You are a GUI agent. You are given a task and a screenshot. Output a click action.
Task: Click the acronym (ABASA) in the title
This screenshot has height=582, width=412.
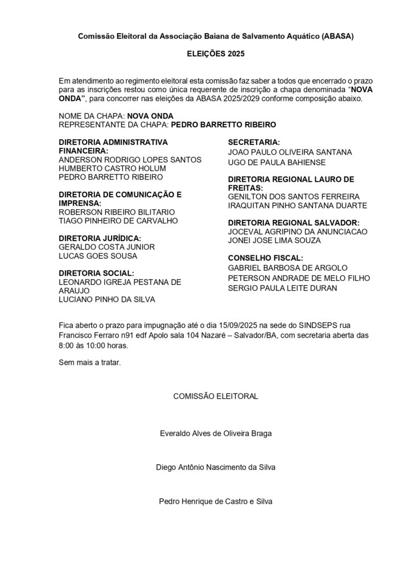tap(338, 36)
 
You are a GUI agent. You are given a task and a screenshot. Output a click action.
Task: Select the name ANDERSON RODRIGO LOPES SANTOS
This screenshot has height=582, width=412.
tap(130, 160)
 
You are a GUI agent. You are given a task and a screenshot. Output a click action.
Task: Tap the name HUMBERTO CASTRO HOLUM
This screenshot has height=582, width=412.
tap(112, 168)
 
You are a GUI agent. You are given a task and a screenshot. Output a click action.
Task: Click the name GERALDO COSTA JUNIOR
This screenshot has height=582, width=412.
tap(106, 247)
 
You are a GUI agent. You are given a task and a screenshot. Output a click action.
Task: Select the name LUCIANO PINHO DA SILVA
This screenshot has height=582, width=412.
tap(107, 299)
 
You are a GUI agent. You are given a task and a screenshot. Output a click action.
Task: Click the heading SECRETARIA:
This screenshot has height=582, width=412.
tap(254, 142)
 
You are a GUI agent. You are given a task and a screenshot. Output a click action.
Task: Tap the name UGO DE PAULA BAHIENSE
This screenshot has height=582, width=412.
tap(277, 163)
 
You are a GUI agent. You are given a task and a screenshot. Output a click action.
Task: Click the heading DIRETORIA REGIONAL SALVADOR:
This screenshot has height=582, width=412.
tap(294, 223)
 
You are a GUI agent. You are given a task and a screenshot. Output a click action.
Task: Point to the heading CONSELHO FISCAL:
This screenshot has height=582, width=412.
tap(266, 257)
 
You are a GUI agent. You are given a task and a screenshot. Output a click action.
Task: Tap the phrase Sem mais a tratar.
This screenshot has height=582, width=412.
tap(90, 362)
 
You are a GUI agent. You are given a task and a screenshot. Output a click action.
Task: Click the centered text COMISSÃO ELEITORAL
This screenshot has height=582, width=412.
tap(215, 397)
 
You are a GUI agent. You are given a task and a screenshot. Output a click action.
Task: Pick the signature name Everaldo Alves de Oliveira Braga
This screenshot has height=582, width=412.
tap(216, 433)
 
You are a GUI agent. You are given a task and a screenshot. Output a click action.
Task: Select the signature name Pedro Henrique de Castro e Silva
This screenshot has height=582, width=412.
tap(216, 501)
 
